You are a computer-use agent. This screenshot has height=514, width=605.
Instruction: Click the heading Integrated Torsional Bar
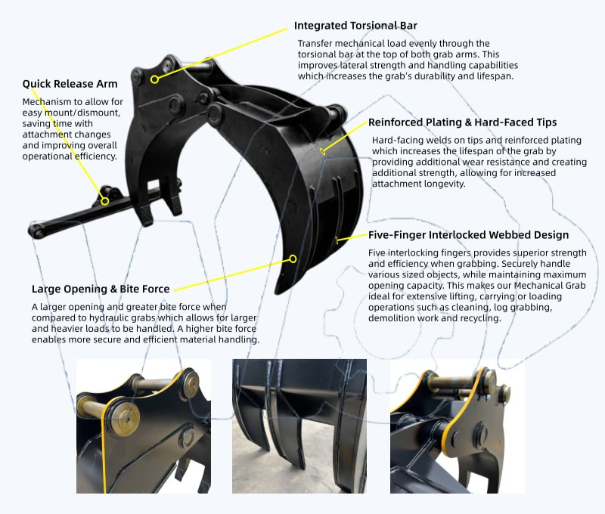[355, 26]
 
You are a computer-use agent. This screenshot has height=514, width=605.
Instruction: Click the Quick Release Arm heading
[70, 84]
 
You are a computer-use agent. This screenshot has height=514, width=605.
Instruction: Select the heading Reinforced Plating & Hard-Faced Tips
[462, 122]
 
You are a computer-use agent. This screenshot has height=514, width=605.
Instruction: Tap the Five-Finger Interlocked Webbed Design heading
[468, 235]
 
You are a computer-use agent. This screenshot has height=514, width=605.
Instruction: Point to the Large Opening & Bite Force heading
[101, 289]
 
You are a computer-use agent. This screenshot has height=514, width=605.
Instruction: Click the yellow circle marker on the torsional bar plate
[154, 79]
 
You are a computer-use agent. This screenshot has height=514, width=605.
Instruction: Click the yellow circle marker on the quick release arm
[104, 201]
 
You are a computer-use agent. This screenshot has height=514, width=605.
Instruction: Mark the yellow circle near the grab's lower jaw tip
[293, 259]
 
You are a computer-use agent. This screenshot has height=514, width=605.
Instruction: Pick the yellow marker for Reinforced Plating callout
[323, 150]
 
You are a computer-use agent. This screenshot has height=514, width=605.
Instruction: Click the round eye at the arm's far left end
[36, 231]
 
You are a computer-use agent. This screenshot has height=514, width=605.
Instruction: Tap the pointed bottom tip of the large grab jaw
[277, 292]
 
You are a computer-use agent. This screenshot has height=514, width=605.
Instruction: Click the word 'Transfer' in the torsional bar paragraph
[314, 43]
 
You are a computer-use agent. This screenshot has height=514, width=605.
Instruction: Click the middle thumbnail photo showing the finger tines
[299, 426]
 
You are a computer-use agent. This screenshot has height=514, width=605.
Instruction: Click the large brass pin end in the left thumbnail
[125, 418]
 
